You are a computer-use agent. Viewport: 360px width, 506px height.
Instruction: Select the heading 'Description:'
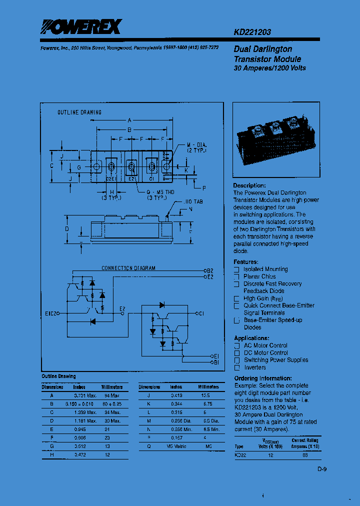click(x=249, y=185)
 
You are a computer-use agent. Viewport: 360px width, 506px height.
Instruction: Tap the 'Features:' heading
click(x=245, y=262)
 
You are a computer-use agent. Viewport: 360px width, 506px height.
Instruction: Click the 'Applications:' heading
click(x=251, y=338)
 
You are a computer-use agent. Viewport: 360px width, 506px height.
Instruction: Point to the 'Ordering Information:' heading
click(x=263, y=378)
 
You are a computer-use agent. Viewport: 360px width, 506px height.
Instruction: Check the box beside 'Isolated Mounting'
click(x=236, y=269)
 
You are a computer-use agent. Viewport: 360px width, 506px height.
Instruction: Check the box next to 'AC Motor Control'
click(x=236, y=346)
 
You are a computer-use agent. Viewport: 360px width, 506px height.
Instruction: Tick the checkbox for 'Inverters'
click(x=236, y=367)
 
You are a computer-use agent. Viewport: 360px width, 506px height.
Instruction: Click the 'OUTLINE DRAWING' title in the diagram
click(x=79, y=112)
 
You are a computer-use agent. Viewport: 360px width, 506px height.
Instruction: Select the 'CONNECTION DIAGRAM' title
click(x=128, y=268)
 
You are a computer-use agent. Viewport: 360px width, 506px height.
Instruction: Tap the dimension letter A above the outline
click(x=129, y=120)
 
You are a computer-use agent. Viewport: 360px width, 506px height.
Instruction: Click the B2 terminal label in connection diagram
click(x=210, y=270)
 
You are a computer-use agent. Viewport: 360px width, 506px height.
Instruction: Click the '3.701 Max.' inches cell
click(x=84, y=395)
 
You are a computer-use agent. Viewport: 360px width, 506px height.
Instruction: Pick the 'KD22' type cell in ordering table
click(x=240, y=455)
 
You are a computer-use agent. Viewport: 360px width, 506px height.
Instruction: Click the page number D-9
click(x=321, y=469)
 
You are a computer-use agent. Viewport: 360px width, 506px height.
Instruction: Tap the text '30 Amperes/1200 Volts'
click(x=269, y=68)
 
